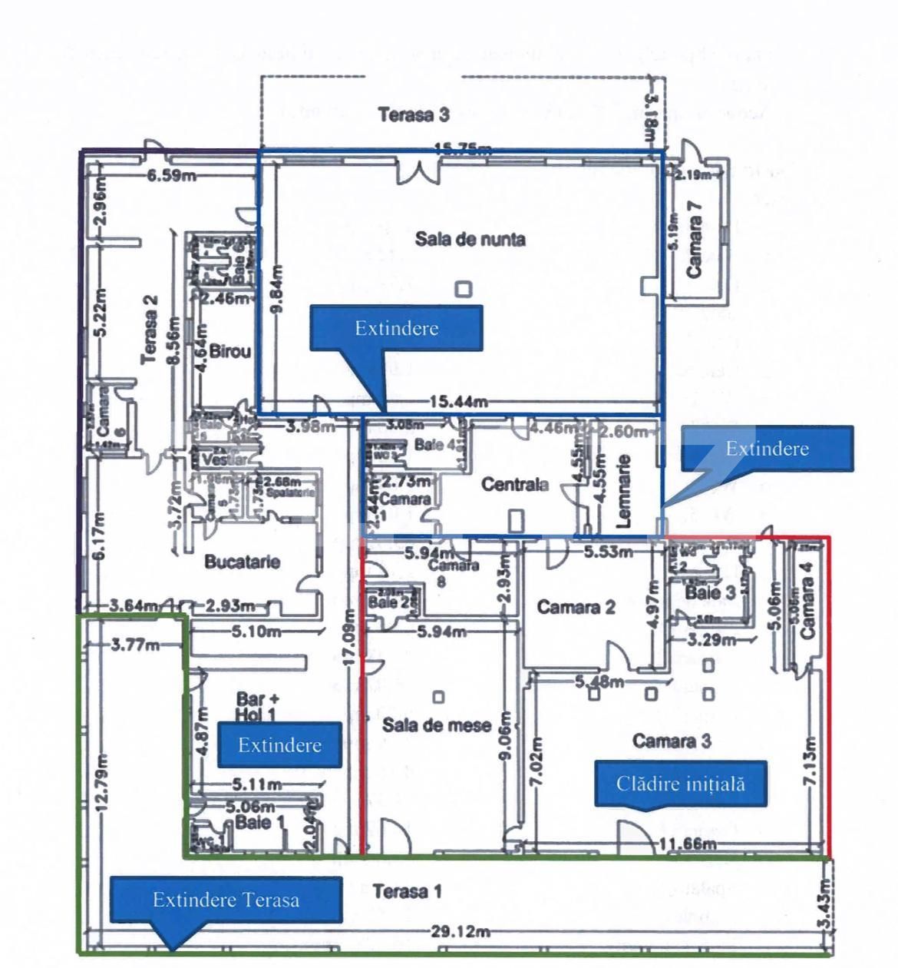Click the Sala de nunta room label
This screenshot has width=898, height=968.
point(470,239)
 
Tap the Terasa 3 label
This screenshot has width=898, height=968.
point(414,115)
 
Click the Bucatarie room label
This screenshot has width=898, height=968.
point(242,562)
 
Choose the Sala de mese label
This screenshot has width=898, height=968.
point(436,724)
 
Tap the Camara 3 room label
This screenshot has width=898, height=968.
point(672,740)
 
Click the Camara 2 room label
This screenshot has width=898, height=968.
point(576,607)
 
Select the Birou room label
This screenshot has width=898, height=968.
point(230,351)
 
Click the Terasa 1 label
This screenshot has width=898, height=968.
point(407,891)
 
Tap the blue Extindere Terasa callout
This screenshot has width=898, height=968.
point(226,900)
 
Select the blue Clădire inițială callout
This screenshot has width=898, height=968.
point(681,784)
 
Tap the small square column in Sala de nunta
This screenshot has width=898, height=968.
point(464,290)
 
